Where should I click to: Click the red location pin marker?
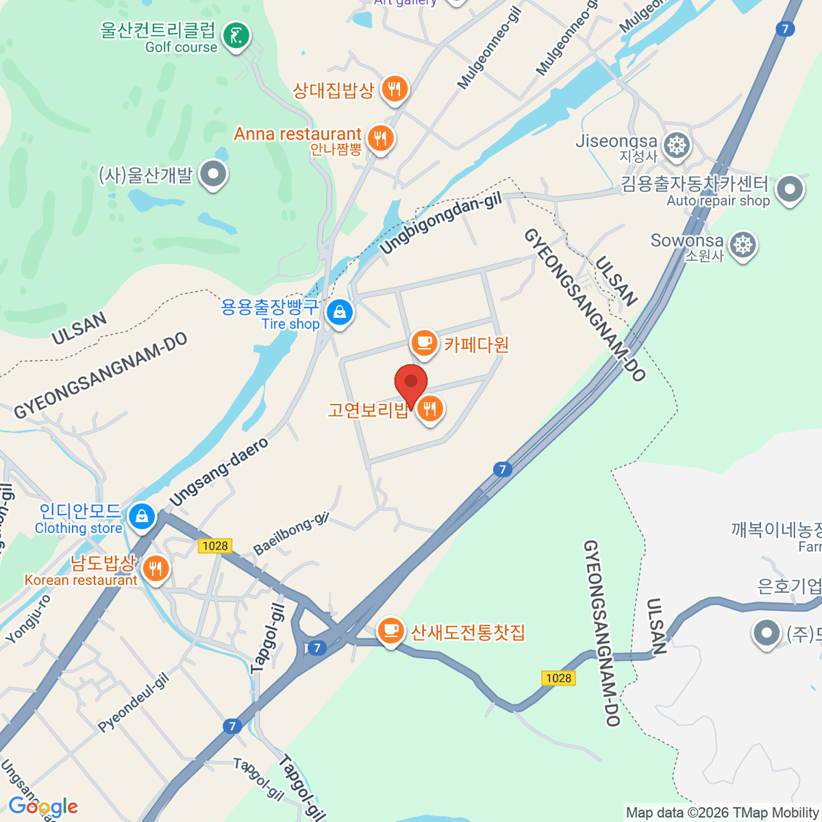tap(411, 382)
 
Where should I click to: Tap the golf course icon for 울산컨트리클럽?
tap(236, 36)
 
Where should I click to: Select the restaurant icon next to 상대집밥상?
tap(394, 89)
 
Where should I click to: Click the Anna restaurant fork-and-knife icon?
tap(379, 138)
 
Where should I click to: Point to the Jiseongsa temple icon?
tap(677, 145)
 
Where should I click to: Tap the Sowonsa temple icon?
tap(743, 245)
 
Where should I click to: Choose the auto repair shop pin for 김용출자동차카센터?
tap(789, 189)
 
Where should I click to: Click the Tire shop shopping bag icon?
tap(339, 312)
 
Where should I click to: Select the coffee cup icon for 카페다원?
tap(424, 342)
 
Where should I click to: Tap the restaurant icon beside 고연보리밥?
tap(429, 409)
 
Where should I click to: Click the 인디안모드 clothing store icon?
tap(142, 515)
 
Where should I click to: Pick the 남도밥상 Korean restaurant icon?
tap(155, 568)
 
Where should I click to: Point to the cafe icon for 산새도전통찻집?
tap(390, 630)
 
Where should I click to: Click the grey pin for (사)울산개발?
tap(213, 174)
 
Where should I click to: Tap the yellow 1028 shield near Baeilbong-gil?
tap(215, 545)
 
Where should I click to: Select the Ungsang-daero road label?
tap(219, 473)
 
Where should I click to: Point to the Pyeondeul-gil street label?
tap(133, 702)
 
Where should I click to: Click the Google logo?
tap(42, 807)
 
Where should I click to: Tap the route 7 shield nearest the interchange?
tap(316, 647)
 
